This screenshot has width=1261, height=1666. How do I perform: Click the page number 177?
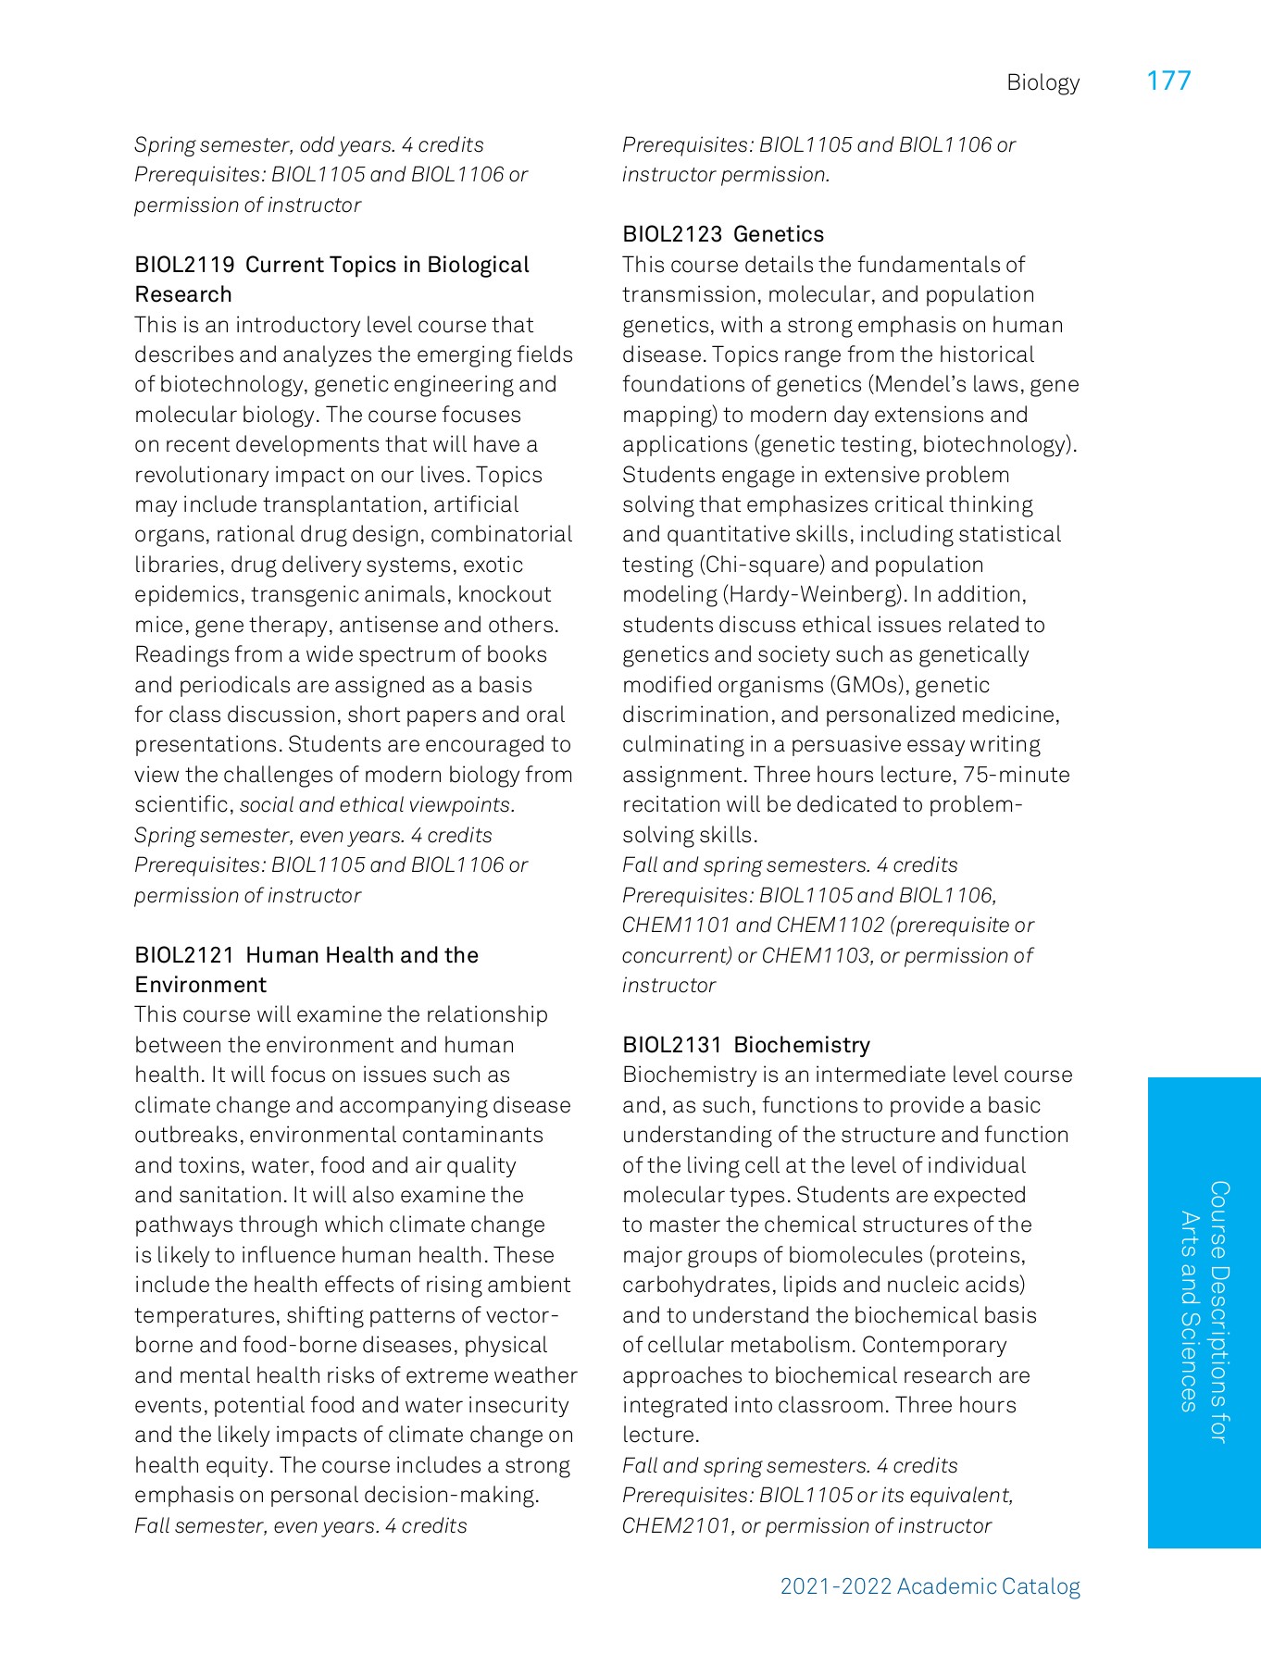tap(1168, 81)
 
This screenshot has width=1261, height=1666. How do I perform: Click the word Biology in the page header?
tap(1043, 83)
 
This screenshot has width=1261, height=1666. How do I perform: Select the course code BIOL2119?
tap(184, 265)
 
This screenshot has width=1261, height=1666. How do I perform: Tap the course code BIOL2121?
tap(184, 955)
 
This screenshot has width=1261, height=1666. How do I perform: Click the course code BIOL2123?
tap(671, 234)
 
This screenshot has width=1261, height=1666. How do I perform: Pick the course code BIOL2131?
tap(671, 1045)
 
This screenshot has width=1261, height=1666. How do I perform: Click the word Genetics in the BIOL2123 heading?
tap(779, 234)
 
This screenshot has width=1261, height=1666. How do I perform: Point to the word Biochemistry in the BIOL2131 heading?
tap(802, 1045)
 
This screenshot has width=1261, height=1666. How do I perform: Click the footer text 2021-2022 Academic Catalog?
tap(930, 1586)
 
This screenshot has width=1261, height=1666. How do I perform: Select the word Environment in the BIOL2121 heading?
tap(200, 985)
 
